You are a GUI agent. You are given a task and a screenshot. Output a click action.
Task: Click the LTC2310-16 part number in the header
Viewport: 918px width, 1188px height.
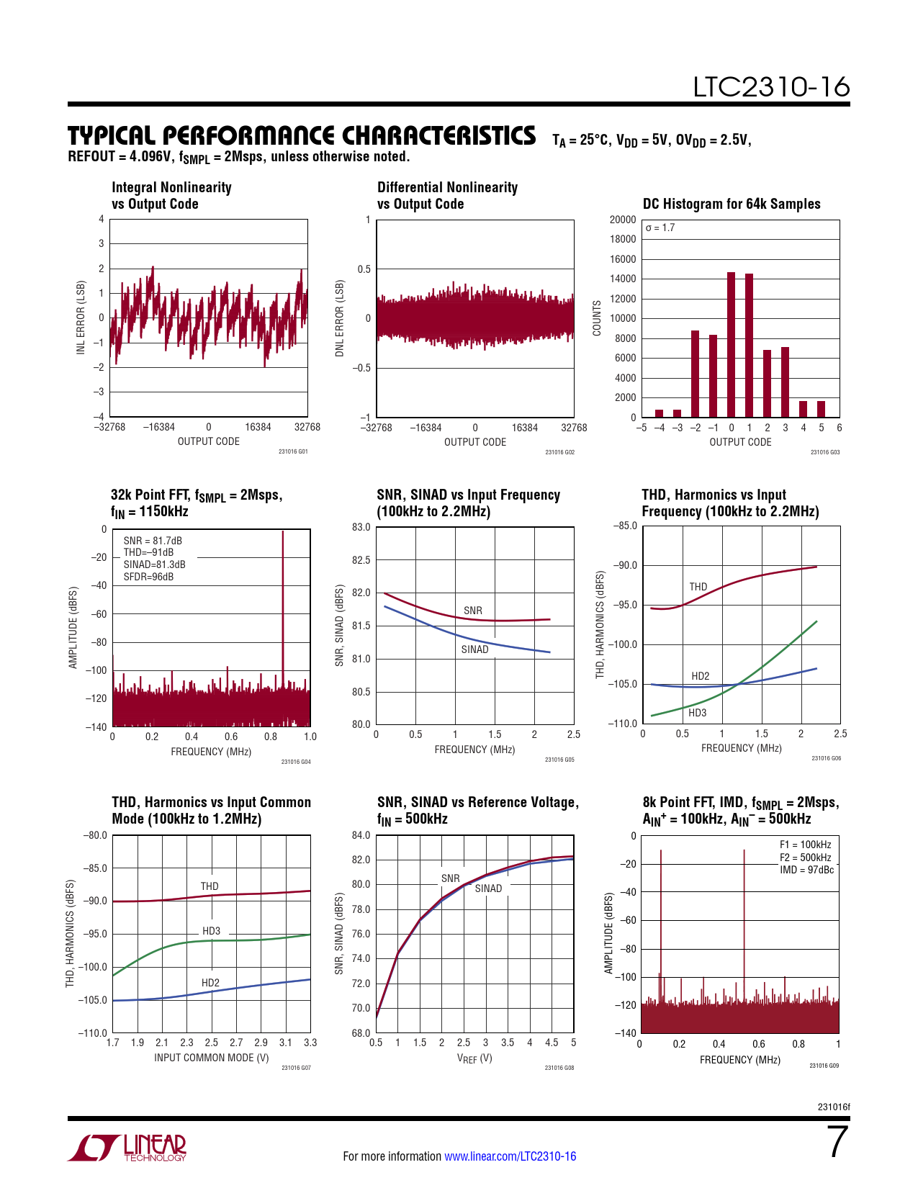[x=771, y=87]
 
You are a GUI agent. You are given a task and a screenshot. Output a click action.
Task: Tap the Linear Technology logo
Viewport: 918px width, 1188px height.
[x=127, y=1148]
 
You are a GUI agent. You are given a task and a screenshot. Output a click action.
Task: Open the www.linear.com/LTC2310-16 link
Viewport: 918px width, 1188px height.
[x=510, y=1156]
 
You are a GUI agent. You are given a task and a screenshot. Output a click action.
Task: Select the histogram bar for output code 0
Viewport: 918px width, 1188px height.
[x=731, y=345]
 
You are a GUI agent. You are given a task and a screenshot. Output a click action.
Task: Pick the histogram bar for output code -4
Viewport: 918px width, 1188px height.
[x=659, y=413]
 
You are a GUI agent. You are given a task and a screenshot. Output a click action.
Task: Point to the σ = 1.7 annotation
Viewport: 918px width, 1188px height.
[x=660, y=228]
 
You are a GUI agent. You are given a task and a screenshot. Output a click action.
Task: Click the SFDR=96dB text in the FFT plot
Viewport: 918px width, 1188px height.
[x=148, y=577]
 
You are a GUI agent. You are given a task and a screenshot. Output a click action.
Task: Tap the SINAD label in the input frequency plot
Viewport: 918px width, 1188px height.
[x=474, y=649]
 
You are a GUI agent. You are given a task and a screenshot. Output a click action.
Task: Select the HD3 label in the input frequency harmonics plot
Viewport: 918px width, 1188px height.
[x=697, y=713]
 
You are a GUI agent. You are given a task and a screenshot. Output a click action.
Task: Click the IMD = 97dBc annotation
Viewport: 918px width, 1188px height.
[x=806, y=870]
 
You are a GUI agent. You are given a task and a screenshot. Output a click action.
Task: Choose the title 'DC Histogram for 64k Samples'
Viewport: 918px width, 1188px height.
[x=732, y=204]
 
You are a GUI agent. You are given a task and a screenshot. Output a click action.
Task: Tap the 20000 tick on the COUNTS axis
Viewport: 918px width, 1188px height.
[x=623, y=220]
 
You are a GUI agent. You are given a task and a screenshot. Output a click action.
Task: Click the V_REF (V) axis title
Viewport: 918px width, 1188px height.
[x=474, y=1058]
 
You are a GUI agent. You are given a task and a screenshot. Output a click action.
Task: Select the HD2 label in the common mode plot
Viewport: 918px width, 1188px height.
[x=210, y=983]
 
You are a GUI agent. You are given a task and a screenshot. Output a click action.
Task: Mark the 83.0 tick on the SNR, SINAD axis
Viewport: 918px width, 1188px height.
[x=361, y=527]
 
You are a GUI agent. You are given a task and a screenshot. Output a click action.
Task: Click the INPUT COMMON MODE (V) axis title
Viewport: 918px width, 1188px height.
[x=211, y=1058]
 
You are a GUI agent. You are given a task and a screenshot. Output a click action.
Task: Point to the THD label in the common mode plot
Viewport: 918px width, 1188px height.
[x=210, y=886]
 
